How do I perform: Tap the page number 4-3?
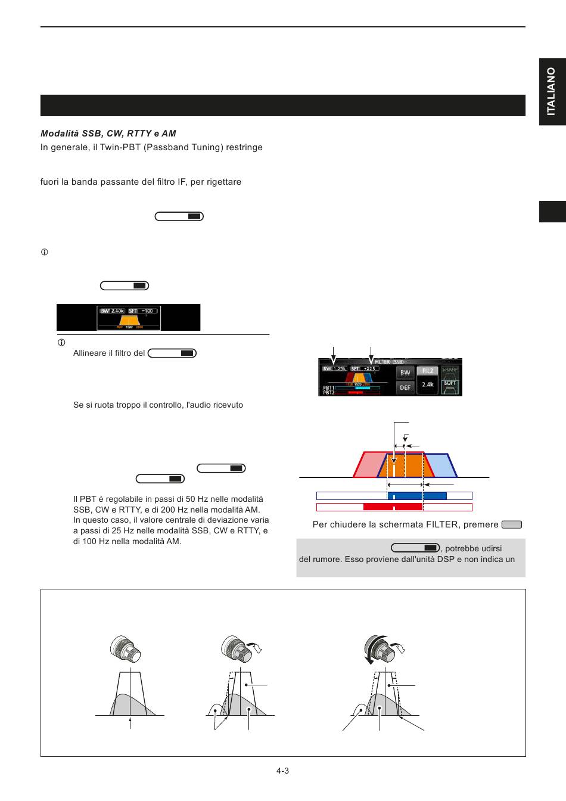pyautogui.click(x=282, y=771)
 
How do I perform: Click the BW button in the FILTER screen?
pyautogui.click(x=405, y=372)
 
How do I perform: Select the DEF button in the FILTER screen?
pyautogui.click(x=405, y=387)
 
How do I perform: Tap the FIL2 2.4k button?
pyautogui.click(x=428, y=379)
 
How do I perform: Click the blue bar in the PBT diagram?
pyautogui.click(x=417, y=496)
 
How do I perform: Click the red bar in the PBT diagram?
pyautogui.click(x=393, y=507)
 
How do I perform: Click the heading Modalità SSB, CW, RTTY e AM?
pyautogui.click(x=108, y=133)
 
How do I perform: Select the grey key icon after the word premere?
pyautogui.click(x=512, y=525)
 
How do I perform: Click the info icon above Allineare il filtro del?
pyautogui.click(x=61, y=343)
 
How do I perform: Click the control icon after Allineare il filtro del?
pyautogui.click(x=172, y=353)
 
